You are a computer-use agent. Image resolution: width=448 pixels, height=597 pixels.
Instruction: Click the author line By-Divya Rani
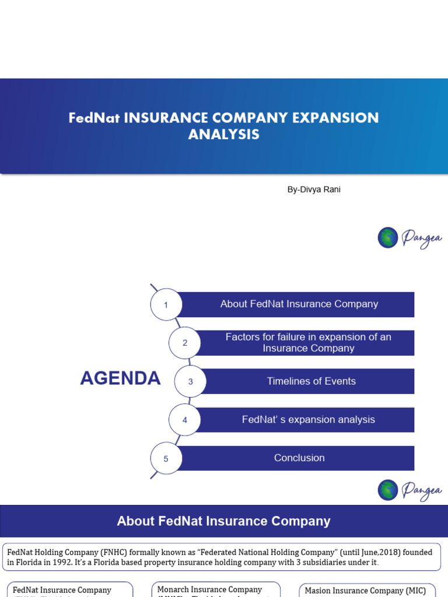coord(314,189)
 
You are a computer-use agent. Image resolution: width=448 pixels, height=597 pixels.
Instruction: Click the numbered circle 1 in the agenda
coord(166,304)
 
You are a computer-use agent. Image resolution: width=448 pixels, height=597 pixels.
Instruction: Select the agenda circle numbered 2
coord(185,343)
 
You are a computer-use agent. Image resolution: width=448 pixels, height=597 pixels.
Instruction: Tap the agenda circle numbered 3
coord(190,382)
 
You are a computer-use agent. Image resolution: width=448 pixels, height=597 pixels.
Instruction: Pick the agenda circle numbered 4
coord(185,420)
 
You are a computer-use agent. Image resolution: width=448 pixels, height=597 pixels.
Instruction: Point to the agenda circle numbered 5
coord(166,459)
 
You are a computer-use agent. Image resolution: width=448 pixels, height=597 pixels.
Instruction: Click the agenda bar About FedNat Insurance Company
coord(299,304)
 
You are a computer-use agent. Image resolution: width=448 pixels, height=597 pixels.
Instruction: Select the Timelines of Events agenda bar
coord(311,381)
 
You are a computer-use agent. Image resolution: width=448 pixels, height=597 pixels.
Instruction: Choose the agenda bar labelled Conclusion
coord(299,458)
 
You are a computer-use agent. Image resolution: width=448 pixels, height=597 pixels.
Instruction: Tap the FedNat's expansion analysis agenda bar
coord(308,420)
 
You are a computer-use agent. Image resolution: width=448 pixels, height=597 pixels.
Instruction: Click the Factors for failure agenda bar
coord(308,343)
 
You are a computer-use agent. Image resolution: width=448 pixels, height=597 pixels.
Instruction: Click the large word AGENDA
coord(120,378)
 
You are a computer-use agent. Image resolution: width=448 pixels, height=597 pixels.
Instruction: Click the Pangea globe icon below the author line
coord(388,238)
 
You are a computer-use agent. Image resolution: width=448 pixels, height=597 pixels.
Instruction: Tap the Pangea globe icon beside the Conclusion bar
coord(388,490)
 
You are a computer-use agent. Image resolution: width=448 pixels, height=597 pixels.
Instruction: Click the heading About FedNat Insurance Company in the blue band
coord(223,521)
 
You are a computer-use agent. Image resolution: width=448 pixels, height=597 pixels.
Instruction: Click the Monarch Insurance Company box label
coord(209,590)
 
